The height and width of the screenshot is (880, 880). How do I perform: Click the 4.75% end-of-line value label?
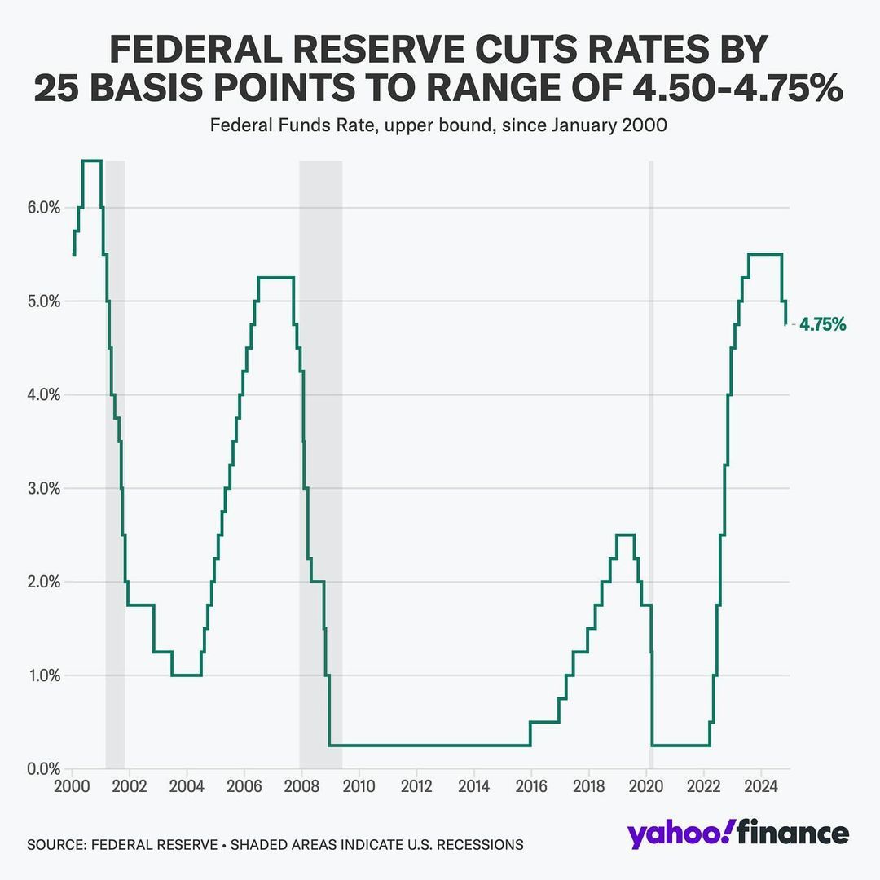[x=822, y=325]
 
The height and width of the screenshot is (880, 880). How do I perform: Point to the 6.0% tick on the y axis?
[x=38, y=208]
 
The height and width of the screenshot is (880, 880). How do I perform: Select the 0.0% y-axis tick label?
[x=38, y=769]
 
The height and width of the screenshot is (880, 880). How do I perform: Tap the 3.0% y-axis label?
[x=38, y=489]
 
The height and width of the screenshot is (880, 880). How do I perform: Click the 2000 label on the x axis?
[x=72, y=788]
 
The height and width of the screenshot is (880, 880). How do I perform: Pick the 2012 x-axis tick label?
[x=416, y=788]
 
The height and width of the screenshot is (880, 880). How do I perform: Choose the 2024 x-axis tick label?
[x=760, y=788]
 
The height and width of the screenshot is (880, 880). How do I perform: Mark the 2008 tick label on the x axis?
[x=301, y=788]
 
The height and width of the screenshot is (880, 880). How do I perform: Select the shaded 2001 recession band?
[x=115, y=456]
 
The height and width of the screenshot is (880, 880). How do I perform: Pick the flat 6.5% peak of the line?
[x=91, y=161]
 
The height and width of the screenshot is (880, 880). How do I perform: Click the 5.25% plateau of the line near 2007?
[x=275, y=278]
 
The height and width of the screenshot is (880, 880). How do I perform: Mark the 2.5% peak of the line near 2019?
[x=625, y=535]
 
